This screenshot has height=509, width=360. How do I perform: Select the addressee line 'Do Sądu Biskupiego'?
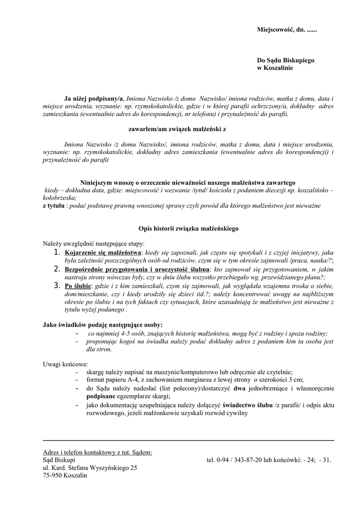(x=285, y=60)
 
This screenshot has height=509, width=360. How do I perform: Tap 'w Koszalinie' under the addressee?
(x=274, y=68)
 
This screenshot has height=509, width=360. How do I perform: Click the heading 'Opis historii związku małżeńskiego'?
(x=188, y=229)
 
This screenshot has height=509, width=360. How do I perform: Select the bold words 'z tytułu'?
(x=54, y=205)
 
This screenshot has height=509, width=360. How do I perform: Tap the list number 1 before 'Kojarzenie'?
(x=57, y=254)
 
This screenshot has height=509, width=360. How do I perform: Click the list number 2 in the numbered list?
(x=57, y=269)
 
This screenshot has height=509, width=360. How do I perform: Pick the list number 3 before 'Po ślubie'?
(x=57, y=286)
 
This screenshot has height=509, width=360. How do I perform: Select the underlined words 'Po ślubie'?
(x=78, y=286)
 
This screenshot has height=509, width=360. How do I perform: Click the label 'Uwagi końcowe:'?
(x=65, y=364)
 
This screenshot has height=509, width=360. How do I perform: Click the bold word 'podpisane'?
(x=101, y=396)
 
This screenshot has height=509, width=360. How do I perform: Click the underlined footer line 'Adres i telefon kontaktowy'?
(x=97, y=452)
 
